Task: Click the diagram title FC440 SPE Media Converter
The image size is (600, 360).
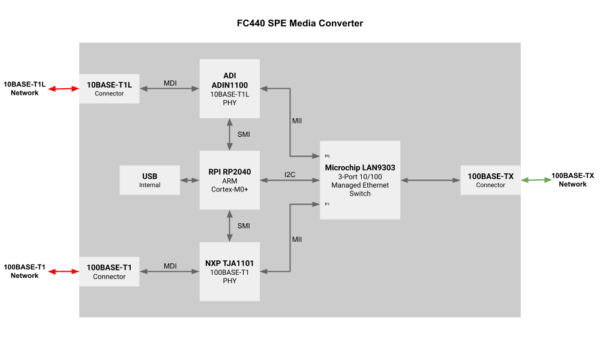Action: click(x=300, y=23)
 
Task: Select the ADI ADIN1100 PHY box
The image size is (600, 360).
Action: click(x=230, y=89)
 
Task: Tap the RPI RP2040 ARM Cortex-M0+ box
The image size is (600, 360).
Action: click(x=230, y=180)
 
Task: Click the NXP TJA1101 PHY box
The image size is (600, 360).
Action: click(x=230, y=271)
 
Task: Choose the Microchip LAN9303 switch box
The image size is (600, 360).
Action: click(x=360, y=180)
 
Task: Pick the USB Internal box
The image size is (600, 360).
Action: click(x=150, y=180)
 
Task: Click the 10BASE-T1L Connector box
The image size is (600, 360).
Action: click(x=109, y=89)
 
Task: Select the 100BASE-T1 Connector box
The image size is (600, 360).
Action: click(x=109, y=271)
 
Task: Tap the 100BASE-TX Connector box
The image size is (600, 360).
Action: click(x=490, y=180)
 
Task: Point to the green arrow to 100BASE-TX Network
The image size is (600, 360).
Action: click(x=535, y=180)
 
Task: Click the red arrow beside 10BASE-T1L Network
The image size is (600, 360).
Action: click(x=64, y=89)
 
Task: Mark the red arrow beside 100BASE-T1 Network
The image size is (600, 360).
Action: click(x=64, y=271)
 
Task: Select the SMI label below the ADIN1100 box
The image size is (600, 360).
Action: click(x=244, y=134)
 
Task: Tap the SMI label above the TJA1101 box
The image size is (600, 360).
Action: click(x=244, y=226)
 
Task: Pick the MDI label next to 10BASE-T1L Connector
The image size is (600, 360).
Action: click(x=170, y=83)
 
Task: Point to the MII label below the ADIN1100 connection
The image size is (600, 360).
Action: click(x=297, y=121)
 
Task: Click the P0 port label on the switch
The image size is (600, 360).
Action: click(x=327, y=156)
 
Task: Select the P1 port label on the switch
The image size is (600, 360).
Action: click(x=327, y=205)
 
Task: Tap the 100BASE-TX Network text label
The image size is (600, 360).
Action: click(x=572, y=180)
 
